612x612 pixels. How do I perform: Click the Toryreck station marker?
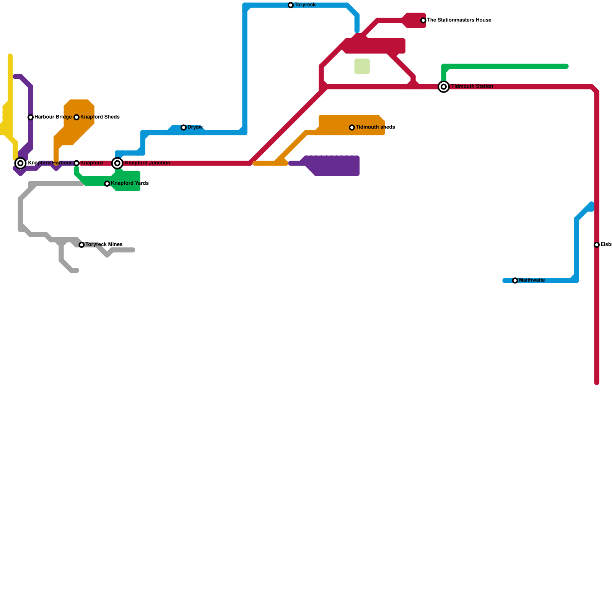[x=291, y=5]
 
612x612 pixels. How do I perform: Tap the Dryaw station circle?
[x=184, y=127]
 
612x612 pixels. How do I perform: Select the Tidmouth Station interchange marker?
[x=444, y=87]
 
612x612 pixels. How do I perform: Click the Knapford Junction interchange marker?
[x=118, y=163]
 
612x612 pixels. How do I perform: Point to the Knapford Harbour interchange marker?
[x=21, y=163]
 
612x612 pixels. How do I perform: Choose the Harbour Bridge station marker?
[x=31, y=117]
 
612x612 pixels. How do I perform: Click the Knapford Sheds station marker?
[x=76, y=117]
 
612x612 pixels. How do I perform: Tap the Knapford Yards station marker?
[x=107, y=184]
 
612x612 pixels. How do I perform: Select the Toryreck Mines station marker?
[x=81, y=245]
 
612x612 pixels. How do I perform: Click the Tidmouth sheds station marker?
[x=352, y=127]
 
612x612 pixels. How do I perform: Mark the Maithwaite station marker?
[x=515, y=281]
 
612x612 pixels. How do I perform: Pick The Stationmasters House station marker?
[x=423, y=20]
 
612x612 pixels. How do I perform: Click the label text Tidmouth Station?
[x=472, y=86]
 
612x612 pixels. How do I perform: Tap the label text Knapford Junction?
[x=147, y=163]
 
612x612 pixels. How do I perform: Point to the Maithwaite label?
[x=532, y=280]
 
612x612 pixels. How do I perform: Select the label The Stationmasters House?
[x=459, y=20]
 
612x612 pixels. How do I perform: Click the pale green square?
[x=362, y=66]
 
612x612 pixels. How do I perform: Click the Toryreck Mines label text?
[x=104, y=245]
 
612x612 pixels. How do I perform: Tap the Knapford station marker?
[x=76, y=163]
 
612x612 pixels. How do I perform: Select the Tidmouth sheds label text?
[x=375, y=127]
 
